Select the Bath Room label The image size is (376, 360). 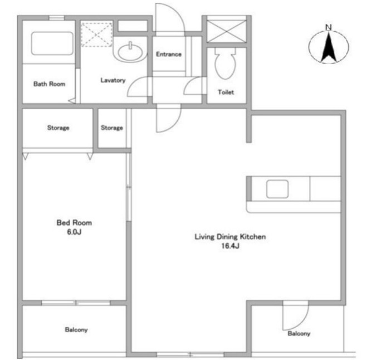(49, 84)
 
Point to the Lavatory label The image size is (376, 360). (113, 80)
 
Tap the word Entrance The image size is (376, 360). (168, 54)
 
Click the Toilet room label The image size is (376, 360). (226, 93)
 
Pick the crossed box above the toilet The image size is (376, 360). (226, 30)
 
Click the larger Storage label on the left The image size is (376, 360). (58, 128)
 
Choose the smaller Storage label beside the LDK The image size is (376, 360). (112, 128)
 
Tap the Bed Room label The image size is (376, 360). (74, 223)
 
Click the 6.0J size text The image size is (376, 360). (74, 231)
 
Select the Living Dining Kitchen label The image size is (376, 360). (229, 237)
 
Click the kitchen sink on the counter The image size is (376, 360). (277, 189)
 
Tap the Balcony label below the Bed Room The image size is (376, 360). (76, 330)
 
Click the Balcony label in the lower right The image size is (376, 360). (299, 334)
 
